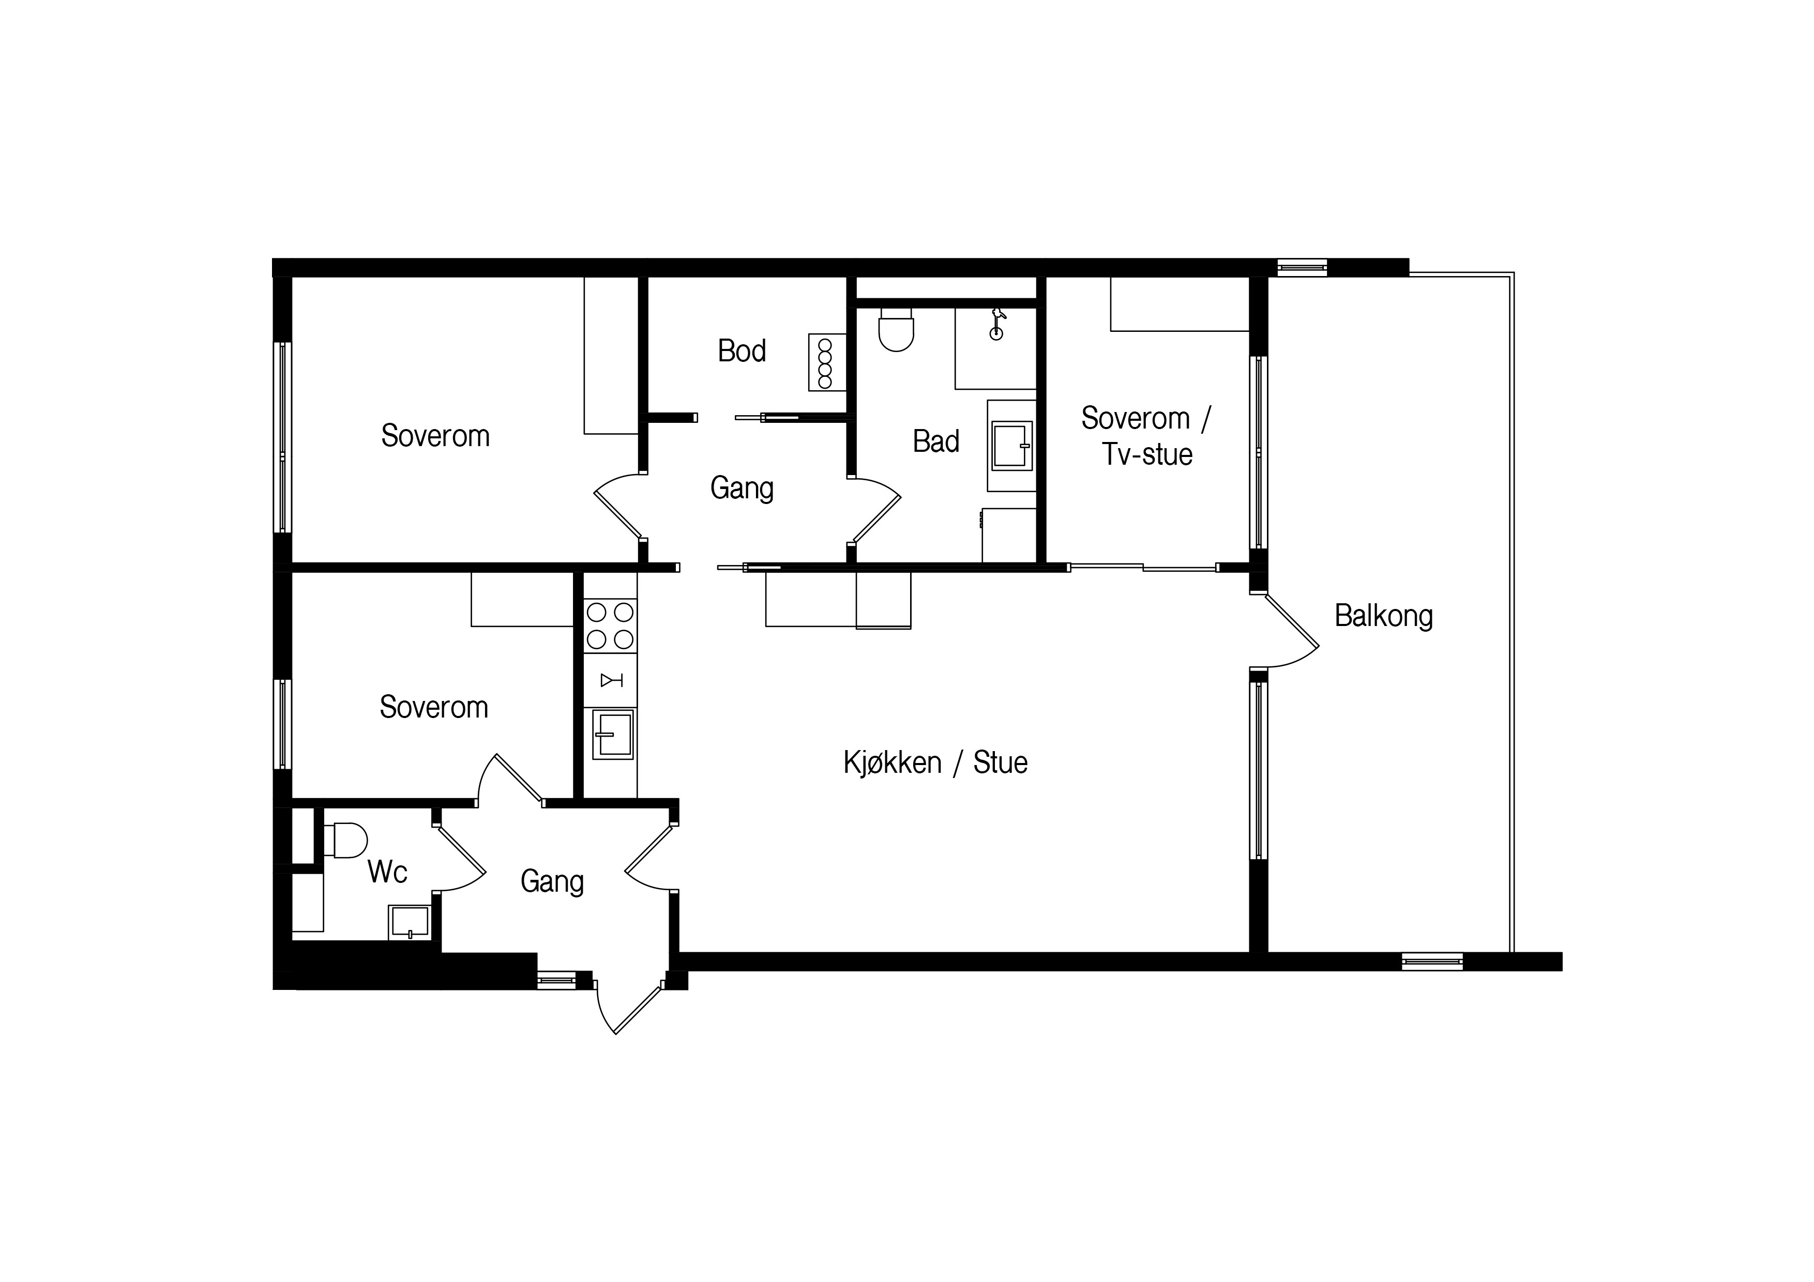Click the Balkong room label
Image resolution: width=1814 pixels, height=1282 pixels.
(1383, 616)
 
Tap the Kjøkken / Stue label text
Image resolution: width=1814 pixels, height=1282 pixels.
(935, 763)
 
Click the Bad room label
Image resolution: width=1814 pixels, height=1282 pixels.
(936, 441)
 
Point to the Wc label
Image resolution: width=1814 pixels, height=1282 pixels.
(387, 872)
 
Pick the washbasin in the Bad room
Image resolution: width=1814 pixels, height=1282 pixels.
(1012, 446)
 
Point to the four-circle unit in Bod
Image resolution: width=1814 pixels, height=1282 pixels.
(826, 362)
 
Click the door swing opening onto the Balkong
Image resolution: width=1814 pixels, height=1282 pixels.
(1287, 632)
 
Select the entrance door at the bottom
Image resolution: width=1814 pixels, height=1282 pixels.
(629, 1007)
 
